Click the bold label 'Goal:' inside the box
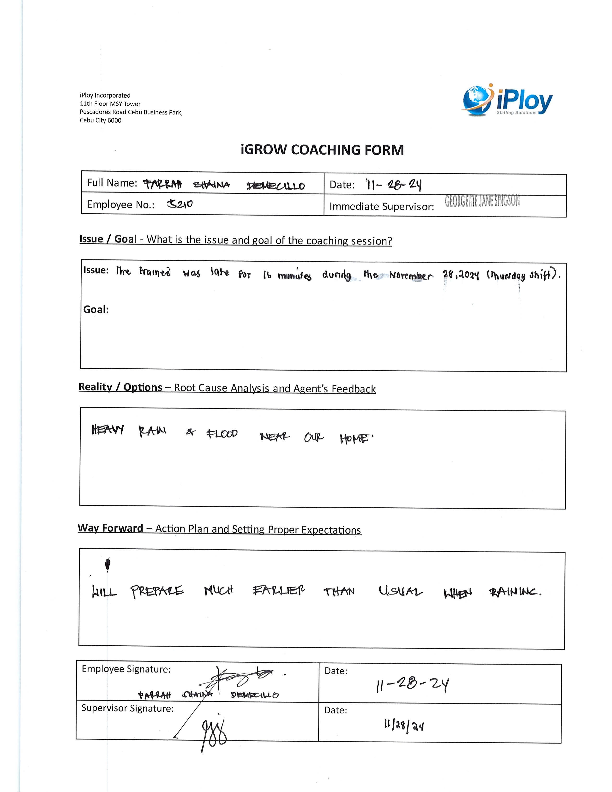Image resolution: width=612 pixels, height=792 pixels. pos(96,309)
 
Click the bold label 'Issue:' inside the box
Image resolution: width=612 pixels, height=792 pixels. pos(96,270)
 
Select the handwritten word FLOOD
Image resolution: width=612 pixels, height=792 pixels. pos(222,433)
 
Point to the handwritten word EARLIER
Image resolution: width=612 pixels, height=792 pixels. pos(278,591)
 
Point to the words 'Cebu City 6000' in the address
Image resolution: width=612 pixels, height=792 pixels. pos(100,120)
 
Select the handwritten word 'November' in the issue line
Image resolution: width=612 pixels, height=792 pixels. pos(410,276)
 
